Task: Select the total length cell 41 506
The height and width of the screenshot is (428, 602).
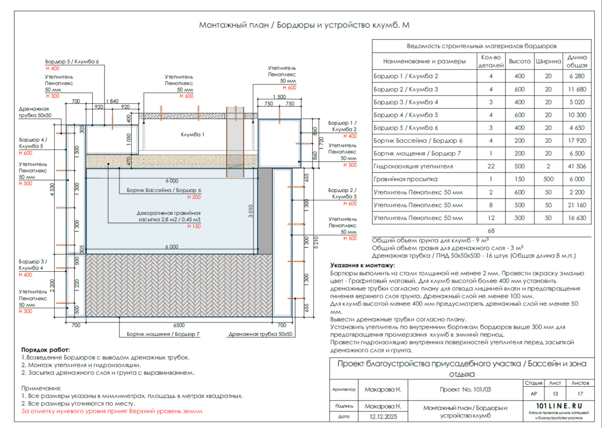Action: [x=577, y=166]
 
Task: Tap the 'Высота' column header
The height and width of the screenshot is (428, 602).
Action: [x=519, y=61]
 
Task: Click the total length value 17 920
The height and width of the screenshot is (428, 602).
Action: [x=577, y=140]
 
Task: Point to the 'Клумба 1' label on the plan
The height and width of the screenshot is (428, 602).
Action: [x=193, y=134]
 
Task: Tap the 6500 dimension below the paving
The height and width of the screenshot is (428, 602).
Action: [x=179, y=325]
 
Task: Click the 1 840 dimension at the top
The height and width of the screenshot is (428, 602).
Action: [x=112, y=101]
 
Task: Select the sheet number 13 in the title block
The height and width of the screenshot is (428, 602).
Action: [x=554, y=394]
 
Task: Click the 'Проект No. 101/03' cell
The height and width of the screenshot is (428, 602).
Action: [x=465, y=389]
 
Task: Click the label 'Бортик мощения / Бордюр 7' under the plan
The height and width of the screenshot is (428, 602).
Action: [x=163, y=334]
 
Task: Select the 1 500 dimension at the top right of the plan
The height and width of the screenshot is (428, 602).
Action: [x=279, y=96]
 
